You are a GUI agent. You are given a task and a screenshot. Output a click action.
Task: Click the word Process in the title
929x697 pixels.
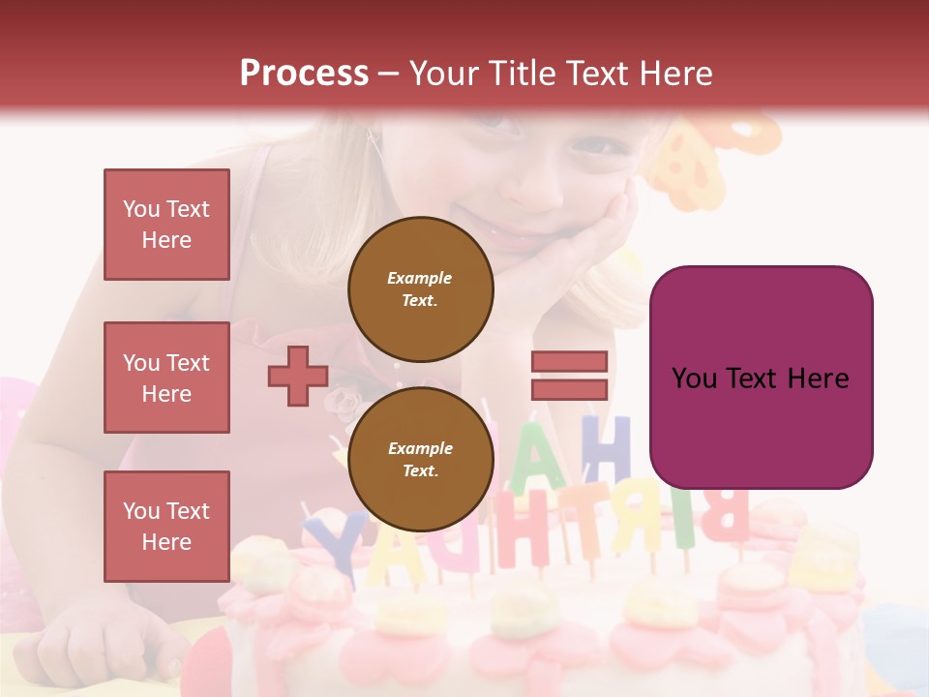304,74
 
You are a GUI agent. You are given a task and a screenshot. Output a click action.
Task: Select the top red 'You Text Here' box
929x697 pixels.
166,225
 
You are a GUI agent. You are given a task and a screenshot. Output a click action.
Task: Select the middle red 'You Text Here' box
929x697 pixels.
166,378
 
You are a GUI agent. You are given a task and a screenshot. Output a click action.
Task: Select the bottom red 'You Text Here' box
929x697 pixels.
166,526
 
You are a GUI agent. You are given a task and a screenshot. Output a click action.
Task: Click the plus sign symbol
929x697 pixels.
298,376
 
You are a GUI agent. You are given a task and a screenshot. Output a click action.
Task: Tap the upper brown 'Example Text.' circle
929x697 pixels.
420,288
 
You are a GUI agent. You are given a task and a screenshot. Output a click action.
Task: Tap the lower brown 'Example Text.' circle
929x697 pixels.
420,459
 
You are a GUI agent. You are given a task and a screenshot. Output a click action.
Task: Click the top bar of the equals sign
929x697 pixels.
569,361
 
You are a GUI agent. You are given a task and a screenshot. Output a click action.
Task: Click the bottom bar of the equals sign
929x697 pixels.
569,389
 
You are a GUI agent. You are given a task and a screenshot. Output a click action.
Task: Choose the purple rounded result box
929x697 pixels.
761,378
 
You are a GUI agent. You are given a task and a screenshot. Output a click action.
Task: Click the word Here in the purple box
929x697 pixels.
816,378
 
